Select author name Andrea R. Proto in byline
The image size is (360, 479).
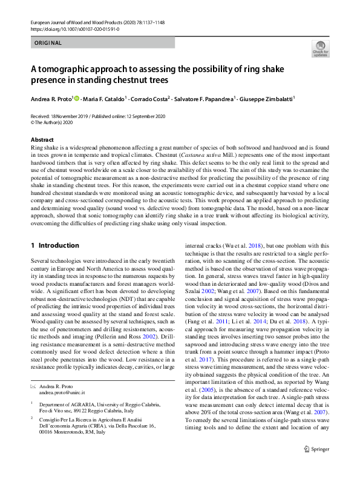[51, 98]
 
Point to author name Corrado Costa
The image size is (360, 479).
[149, 98]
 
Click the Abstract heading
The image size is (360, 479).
[42, 139]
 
